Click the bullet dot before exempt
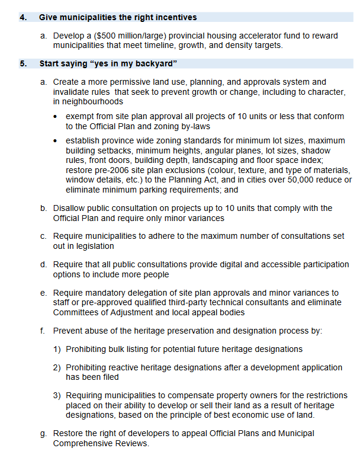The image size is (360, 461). click(56, 117)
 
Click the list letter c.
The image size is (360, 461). click(43, 236)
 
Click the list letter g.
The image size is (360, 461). click(43, 434)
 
